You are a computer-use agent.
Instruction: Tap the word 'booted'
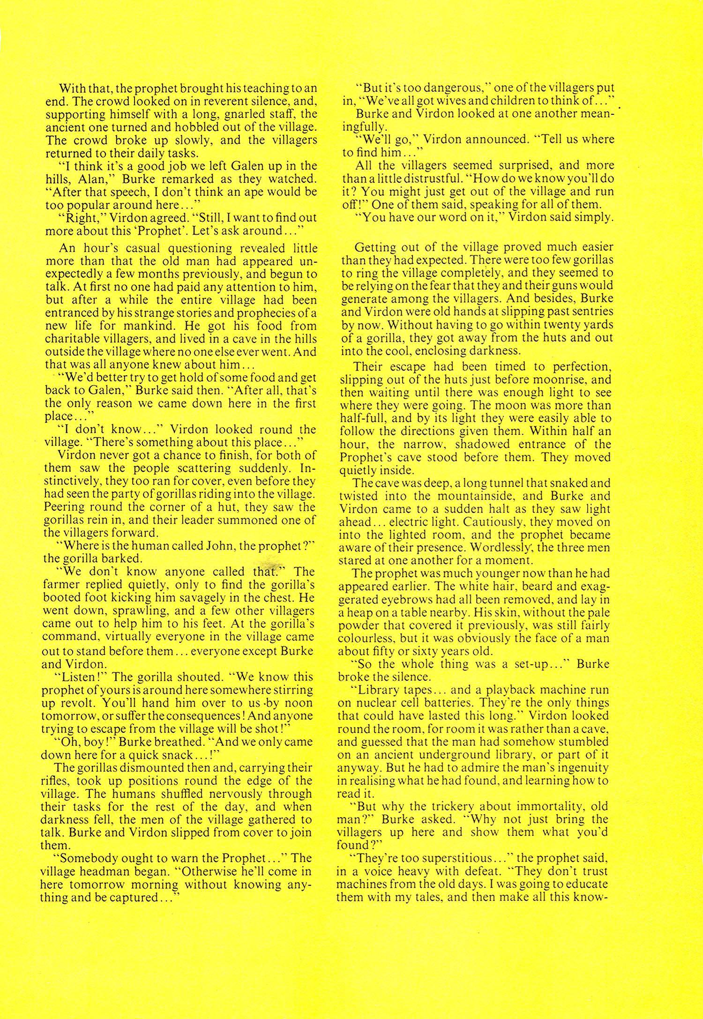point(65,598)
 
